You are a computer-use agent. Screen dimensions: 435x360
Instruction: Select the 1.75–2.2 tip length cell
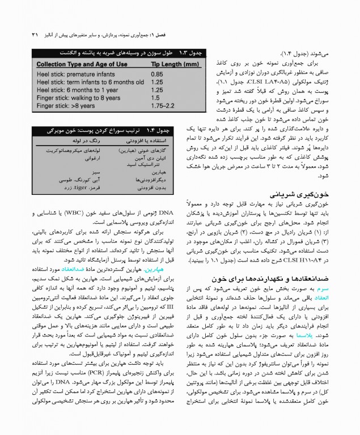162,105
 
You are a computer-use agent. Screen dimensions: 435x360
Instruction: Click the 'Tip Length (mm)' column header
176,65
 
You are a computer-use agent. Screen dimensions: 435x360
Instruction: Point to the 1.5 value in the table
155,97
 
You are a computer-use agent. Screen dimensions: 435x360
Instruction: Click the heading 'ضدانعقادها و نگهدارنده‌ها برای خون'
261,279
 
